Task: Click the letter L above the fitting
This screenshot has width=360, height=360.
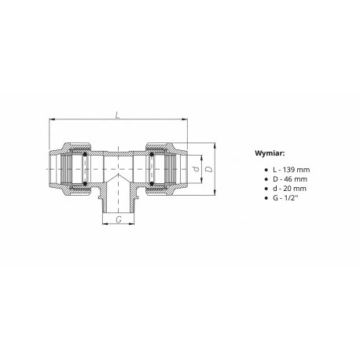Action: tap(118, 115)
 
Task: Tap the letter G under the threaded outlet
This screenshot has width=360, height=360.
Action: tap(119, 219)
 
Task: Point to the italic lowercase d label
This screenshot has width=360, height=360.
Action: tap(196, 169)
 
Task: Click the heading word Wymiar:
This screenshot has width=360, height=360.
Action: tap(270, 153)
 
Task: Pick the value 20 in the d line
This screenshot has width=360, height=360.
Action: tap(287, 189)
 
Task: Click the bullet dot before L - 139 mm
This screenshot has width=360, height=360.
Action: tap(266, 170)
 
